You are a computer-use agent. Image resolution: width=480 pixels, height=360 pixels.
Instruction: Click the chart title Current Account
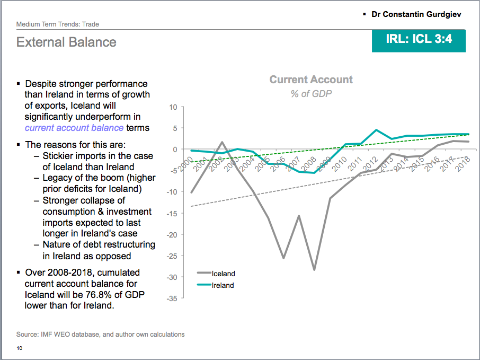click(311, 80)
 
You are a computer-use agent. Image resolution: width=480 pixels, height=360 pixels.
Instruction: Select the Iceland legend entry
click(223, 274)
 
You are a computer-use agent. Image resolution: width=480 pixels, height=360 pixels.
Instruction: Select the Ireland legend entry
click(223, 285)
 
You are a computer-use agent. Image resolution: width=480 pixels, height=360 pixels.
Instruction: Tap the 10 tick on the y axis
click(173, 107)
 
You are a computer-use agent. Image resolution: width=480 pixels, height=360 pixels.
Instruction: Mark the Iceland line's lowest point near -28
click(314, 270)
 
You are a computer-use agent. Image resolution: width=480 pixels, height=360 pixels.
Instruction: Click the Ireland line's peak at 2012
click(376, 130)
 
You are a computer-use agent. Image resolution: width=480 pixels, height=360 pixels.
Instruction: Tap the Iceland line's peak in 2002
click(222, 142)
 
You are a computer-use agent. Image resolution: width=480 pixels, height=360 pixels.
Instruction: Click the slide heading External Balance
click(66, 42)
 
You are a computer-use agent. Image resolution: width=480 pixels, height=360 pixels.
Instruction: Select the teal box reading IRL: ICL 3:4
click(419, 39)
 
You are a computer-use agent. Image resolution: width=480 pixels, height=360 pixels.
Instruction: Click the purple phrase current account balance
click(74, 128)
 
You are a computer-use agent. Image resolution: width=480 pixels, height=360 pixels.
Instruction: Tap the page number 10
click(20, 348)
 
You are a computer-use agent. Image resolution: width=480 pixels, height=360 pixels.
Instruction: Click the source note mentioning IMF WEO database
click(101, 335)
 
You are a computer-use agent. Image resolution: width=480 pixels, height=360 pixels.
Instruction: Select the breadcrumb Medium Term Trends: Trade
click(58, 24)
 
